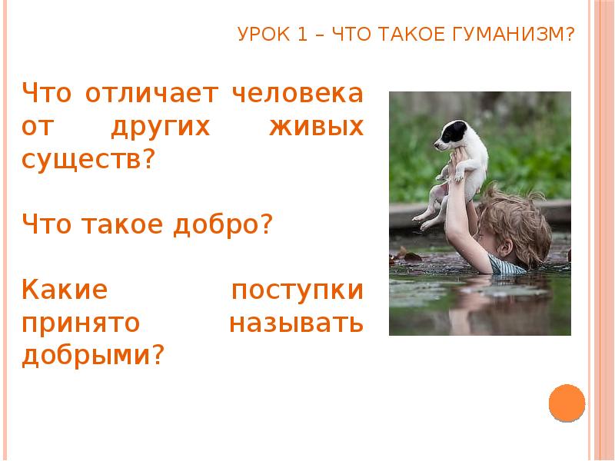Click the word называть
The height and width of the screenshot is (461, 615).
(x=295, y=323)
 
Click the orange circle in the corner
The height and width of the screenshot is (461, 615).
(x=567, y=402)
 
